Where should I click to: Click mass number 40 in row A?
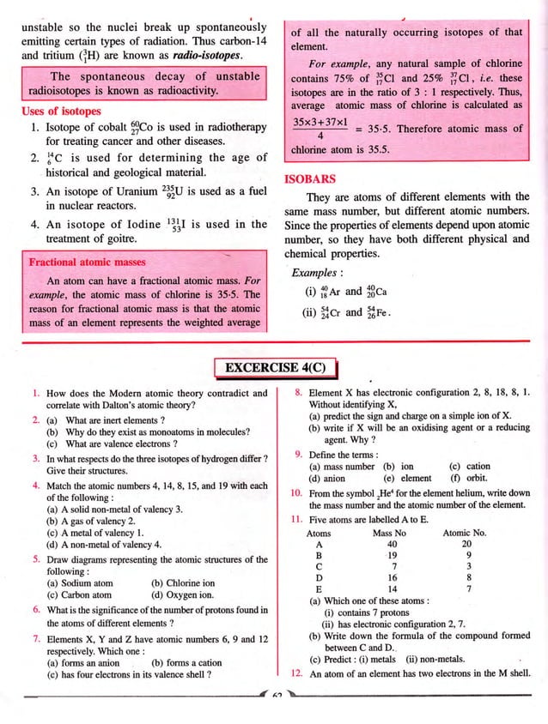point(392,543)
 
